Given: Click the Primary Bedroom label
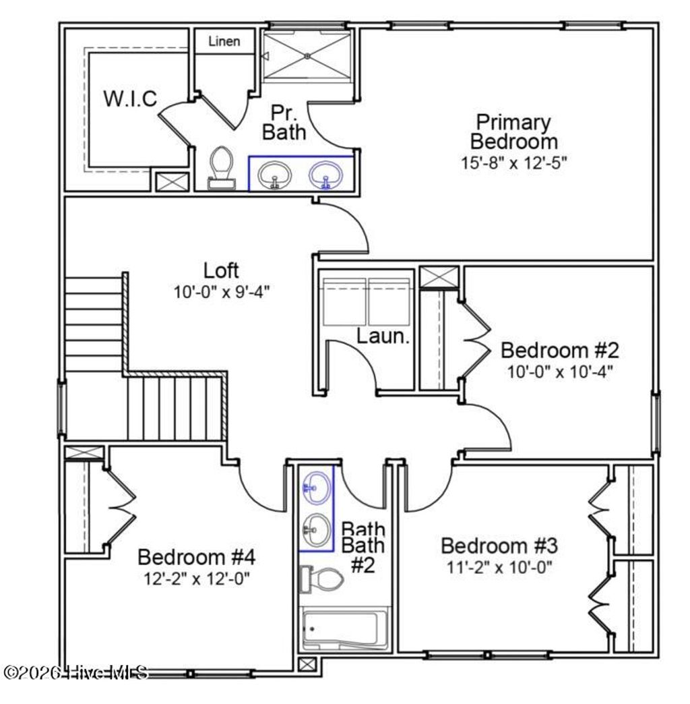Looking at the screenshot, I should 513,132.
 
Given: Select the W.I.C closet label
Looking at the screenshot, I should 130,99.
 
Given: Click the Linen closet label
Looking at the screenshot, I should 224,42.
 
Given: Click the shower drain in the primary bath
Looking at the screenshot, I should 307,56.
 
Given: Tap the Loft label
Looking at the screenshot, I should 221,270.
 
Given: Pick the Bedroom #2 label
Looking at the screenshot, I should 559,351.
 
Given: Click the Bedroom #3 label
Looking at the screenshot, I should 499,545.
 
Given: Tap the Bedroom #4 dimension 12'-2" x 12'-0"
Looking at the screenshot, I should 196,579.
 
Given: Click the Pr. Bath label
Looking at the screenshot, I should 284,122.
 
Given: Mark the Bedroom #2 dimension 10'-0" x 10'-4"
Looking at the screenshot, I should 559,372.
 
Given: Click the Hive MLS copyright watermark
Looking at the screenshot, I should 75,672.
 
